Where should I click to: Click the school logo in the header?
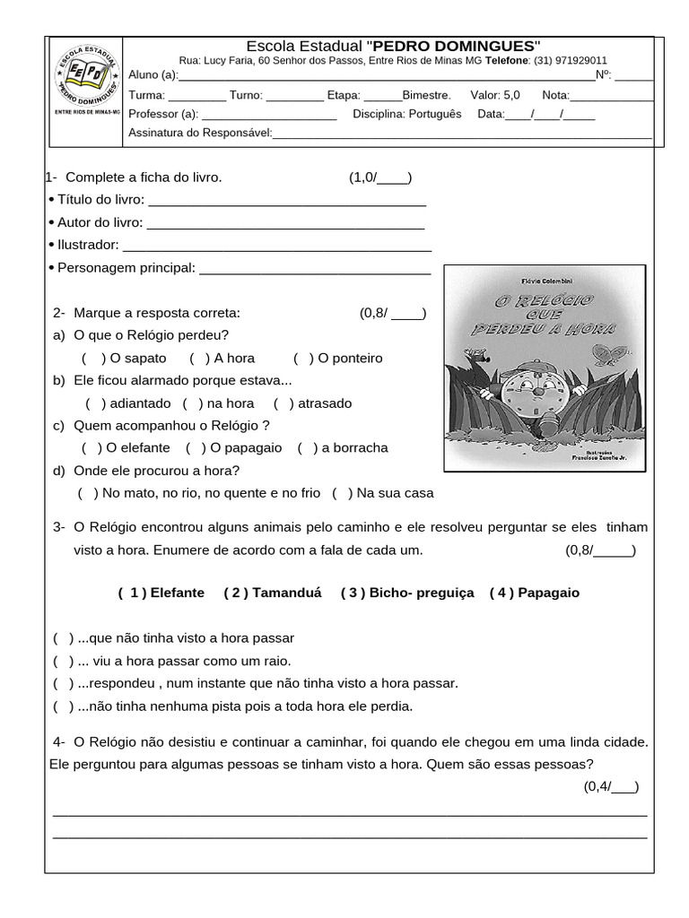click(85, 79)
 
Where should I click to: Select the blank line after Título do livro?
click(285, 201)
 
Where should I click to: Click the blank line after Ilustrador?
click(276, 246)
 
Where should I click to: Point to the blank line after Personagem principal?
click(315, 268)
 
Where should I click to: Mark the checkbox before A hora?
click(200, 359)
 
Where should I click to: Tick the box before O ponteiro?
click(304, 359)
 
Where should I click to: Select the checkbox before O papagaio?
click(196, 448)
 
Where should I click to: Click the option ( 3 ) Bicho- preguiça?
click(407, 593)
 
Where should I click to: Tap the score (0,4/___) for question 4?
click(611, 787)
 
